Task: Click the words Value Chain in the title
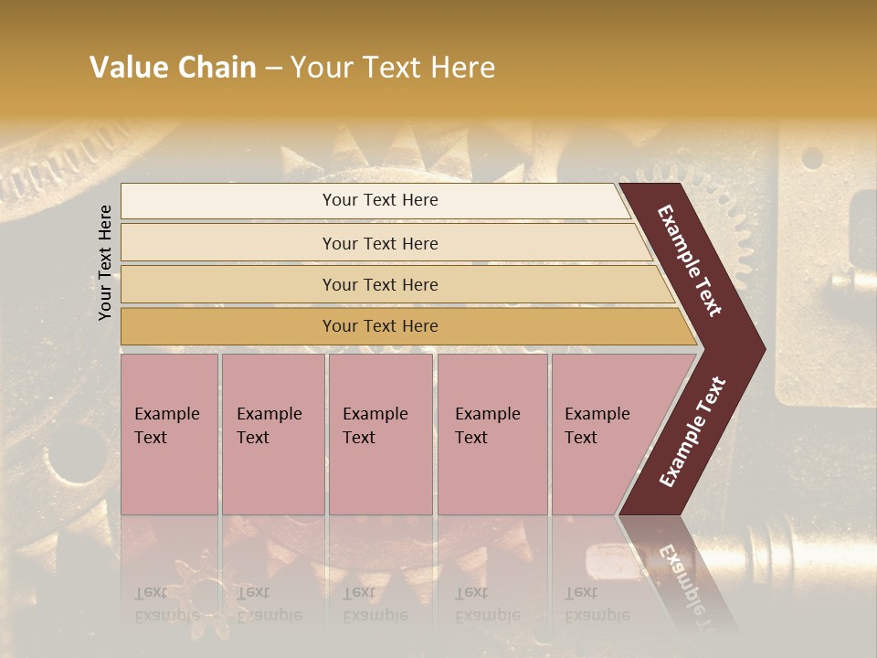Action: click(x=173, y=68)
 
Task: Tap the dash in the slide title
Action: click(x=273, y=68)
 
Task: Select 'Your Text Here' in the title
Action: click(x=393, y=68)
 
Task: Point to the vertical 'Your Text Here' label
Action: click(x=105, y=262)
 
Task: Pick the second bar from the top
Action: click(x=380, y=243)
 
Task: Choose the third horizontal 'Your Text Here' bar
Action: click(x=380, y=284)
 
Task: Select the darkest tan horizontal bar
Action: click(x=380, y=326)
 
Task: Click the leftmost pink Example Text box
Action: click(x=169, y=434)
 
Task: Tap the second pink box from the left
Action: click(x=273, y=434)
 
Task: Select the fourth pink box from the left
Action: click(x=492, y=434)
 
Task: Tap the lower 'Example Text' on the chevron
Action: click(x=692, y=431)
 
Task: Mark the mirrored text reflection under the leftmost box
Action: click(x=166, y=604)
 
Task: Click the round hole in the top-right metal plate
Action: click(x=811, y=158)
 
